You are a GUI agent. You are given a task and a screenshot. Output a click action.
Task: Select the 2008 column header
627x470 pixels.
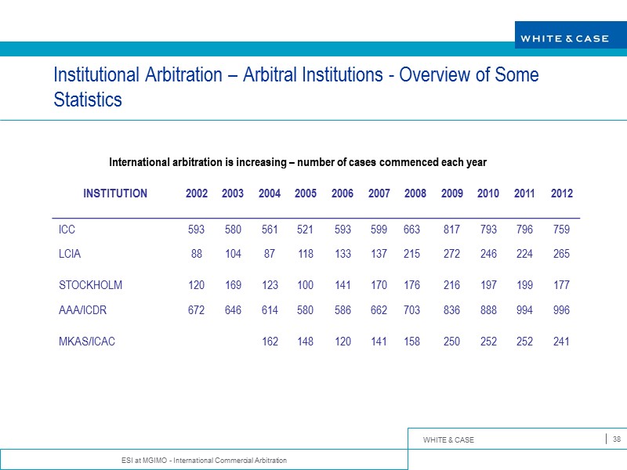click(x=415, y=193)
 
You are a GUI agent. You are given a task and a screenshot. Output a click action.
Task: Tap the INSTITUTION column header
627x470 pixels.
click(x=115, y=193)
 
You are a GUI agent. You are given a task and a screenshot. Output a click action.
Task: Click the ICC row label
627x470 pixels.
click(x=67, y=230)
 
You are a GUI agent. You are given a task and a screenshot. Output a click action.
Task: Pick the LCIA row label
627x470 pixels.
click(x=70, y=254)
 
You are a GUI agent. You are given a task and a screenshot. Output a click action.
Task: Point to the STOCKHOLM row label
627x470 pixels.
click(x=90, y=285)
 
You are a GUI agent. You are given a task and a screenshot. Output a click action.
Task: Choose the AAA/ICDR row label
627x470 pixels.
click(x=82, y=309)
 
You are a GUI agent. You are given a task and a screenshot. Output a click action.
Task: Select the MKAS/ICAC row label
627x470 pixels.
click(x=87, y=342)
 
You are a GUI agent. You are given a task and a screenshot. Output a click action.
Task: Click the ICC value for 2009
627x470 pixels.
click(x=452, y=230)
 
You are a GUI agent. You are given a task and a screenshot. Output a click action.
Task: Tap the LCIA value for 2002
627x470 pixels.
click(x=197, y=254)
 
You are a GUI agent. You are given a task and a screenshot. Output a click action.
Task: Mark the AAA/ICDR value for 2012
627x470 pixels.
click(x=561, y=309)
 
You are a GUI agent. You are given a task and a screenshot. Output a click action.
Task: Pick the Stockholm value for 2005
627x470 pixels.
click(x=306, y=285)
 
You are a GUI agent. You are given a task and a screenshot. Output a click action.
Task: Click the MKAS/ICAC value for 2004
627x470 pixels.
click(x=270, y=342)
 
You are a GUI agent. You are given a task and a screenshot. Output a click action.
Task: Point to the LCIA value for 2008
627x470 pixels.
click(x=412, y=254)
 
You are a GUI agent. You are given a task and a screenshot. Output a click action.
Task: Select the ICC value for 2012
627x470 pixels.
click(x=561, y=230)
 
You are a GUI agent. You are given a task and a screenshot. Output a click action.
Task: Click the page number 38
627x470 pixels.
click(x=617, y=439)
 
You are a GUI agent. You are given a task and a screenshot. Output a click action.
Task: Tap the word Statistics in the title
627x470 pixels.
click(x=88, y=100)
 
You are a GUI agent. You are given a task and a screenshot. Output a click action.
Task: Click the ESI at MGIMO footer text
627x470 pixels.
click(x=199, y=459)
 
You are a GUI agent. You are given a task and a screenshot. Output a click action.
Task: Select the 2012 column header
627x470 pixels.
click(x=562, y=193)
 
